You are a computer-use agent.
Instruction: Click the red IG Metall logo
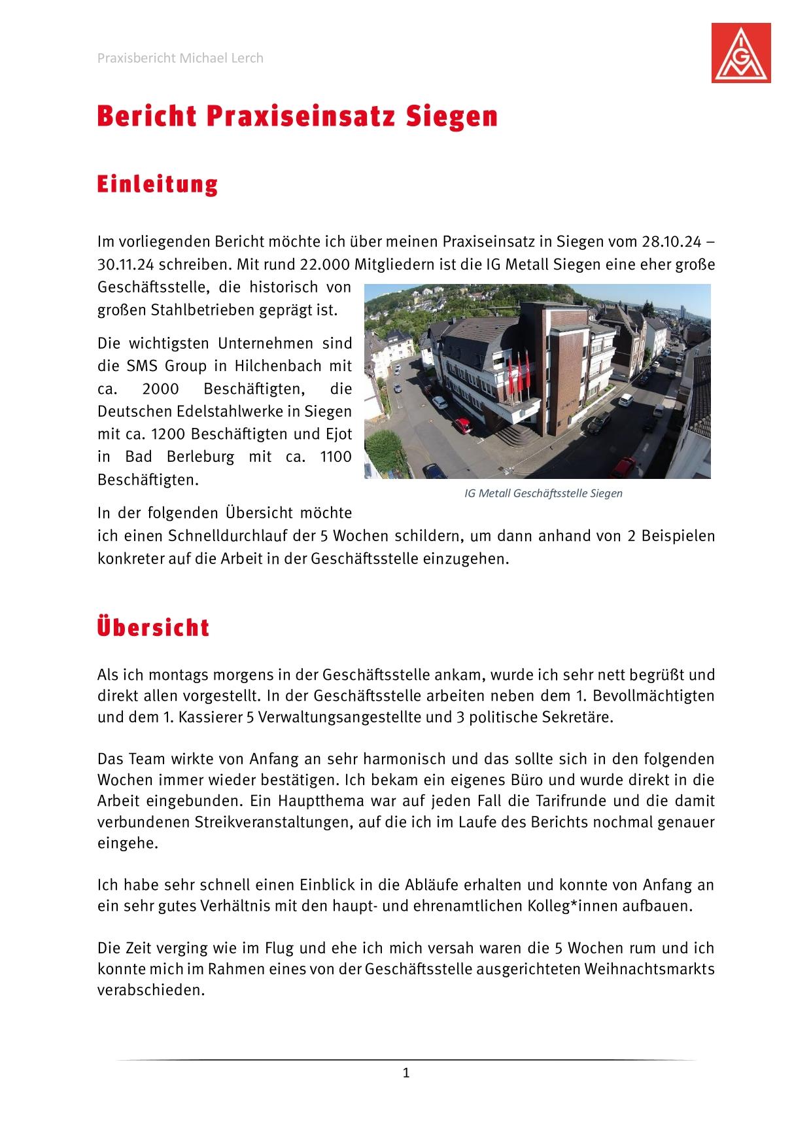coord(741,52)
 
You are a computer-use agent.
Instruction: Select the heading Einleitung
coord(157,185)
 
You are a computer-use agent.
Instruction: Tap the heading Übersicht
coord(153,627)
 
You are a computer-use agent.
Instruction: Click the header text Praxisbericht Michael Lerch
coord(180,58)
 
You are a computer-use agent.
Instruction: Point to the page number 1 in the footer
coord(405,1072)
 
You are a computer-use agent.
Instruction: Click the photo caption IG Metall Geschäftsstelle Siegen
coord(543,493)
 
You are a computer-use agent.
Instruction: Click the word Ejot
coord(338,434)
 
